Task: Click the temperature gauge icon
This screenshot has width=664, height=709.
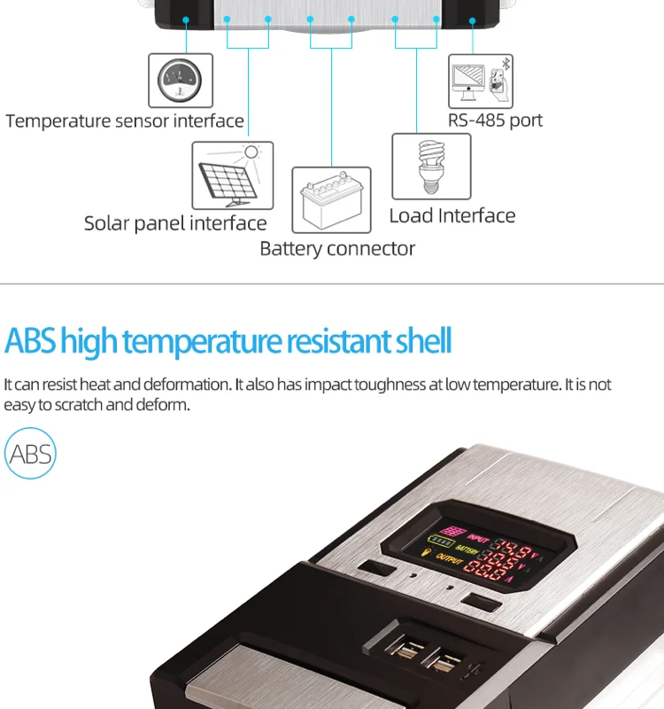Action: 181,81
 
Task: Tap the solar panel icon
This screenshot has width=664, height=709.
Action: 233,175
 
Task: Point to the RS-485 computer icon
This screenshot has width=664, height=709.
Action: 480,82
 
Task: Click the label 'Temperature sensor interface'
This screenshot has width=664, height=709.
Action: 125,121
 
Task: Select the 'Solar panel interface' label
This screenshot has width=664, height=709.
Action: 175,223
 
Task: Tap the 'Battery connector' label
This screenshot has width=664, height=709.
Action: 337,249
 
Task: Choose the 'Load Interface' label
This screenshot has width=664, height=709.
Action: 452,216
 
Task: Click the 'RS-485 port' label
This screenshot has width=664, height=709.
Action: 495,121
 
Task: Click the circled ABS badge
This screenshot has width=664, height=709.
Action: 30,455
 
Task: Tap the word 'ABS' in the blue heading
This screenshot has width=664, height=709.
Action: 30,341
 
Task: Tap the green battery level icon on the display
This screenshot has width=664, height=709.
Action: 440,541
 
